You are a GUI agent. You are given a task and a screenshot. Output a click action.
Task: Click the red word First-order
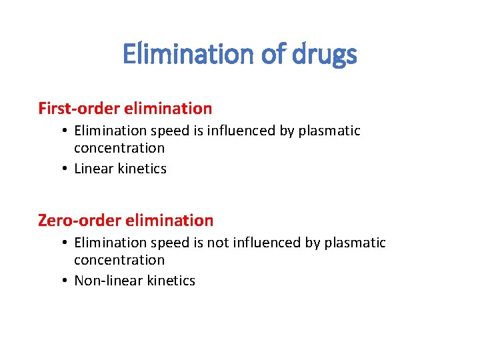pos(79,108)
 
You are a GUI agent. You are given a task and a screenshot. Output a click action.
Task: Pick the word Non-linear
pos(105,281)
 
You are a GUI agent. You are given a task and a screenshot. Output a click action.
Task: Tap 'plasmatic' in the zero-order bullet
pos(355,243)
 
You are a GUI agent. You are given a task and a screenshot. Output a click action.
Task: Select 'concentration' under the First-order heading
pos(119,148)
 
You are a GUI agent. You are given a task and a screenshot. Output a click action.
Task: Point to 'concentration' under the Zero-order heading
pos(119,260)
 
